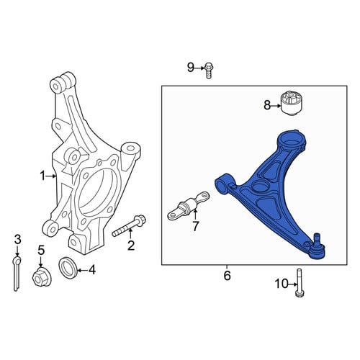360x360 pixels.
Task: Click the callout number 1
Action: pyautogui.click(x=42, y=176)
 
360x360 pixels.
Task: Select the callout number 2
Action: pyautogui.click(x=131, y=246)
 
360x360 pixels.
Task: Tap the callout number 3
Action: pyautogui.click(x=17, y=239)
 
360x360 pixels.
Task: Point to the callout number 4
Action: pyautogui.click(x=92, y=270)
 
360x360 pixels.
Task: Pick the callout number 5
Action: pyautogui.click(x=41, y=251)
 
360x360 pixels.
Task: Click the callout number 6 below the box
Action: pyautogui.click(x=227, y=276)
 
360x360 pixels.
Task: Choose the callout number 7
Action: pyautogui.click(x=196, y=226)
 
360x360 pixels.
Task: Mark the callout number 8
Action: pyautogui.click(x=267, y=105)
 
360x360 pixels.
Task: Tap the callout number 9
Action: pyautogui.click(x=190, y=68)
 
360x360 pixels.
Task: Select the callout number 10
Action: pyautogui.click(x=282, y=284)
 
